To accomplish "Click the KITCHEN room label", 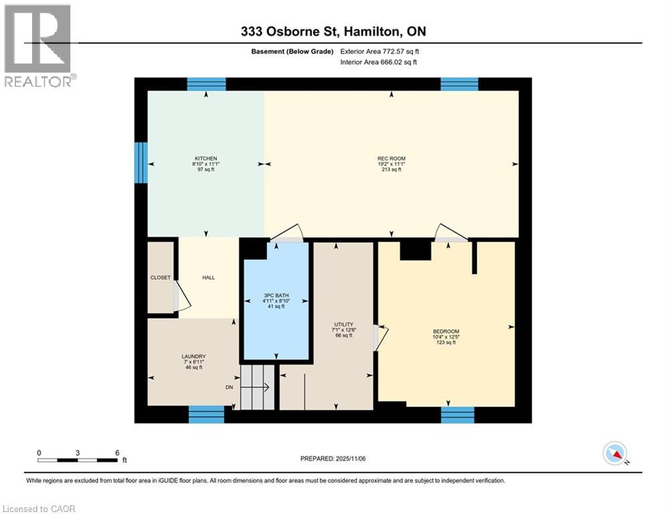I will tap(206, 159).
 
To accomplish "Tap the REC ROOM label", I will tap(391, 159).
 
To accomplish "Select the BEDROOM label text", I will tap(446, 332).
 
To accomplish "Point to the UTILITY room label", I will tap(343, 325).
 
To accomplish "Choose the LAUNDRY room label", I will tap(193, 356).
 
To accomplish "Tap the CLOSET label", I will tap(161, 277).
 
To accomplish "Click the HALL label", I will tap(208, 277).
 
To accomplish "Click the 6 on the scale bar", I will tap(117, 452).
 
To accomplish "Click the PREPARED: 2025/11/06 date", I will tap(333, 458).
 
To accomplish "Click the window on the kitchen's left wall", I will tap(141, 163).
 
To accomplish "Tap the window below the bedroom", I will tap(458, 415).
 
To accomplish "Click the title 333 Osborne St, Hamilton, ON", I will tap(333, 31).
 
